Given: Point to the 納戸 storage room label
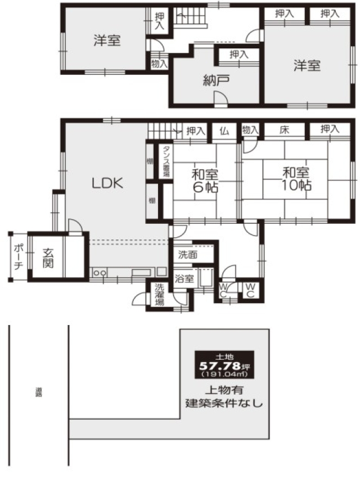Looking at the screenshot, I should pyautogui.click(x=216, y=80).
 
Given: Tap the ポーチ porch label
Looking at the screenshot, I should pyautogui.click(x=18, y=257).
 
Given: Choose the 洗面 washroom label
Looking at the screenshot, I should pyautogui.click(x=188, y=254).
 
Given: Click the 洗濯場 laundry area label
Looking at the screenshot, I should pyautogui.click(x=159, y=295).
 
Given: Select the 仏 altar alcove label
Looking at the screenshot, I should pyautogui.click(x=224, y=130).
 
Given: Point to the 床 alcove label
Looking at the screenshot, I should pyautogui.click(x=285, y=130).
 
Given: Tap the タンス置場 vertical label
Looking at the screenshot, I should pyautogui.click(x=166, y=162).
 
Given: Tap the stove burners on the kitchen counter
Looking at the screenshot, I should pyautogui.click(x=99, y=273).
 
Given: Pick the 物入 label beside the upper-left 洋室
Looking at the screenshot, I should pyautogui.click(x=159, y=64).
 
